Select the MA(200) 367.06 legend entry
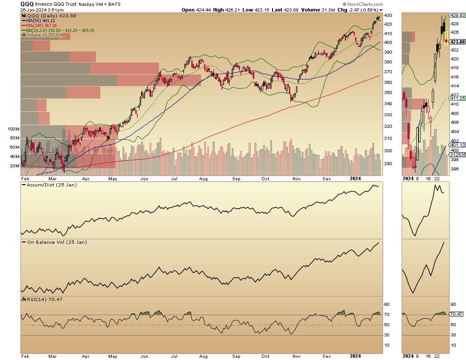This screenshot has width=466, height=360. click(x=42, y=25)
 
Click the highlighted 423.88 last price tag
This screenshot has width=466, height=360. click(x=458, y=42)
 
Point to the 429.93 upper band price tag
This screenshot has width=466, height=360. click(x=458, y=15)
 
